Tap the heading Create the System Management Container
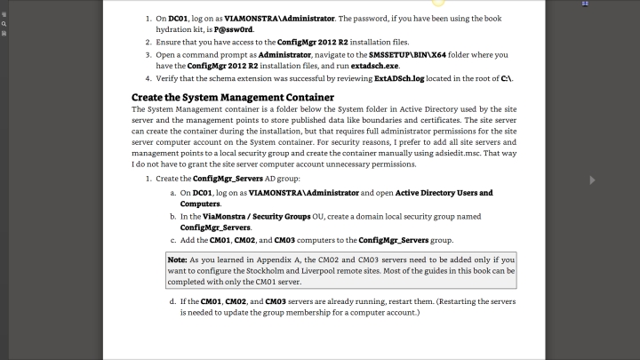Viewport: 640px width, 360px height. (233, 96)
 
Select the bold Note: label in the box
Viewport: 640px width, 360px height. (177, 259)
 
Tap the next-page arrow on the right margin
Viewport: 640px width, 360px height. (593, 180)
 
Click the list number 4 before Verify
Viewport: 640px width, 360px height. (148, 78)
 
